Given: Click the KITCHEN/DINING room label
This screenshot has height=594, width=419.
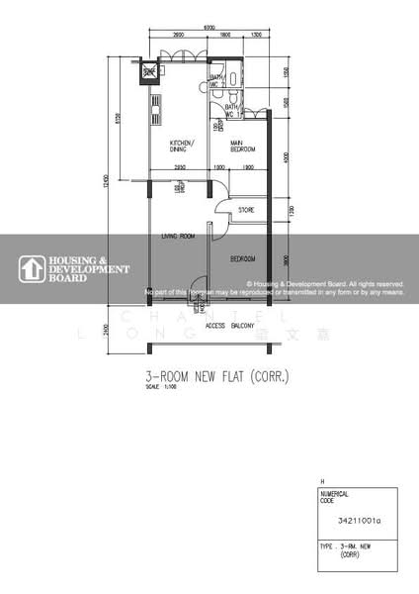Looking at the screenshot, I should [182, 147].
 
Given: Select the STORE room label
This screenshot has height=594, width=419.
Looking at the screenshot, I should [246, 209].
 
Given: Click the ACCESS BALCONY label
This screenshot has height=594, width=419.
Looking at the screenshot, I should [230, 326].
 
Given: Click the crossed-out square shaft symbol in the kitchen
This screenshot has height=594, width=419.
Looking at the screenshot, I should [149, 71].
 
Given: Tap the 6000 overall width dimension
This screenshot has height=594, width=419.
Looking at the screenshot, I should [209, 27].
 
